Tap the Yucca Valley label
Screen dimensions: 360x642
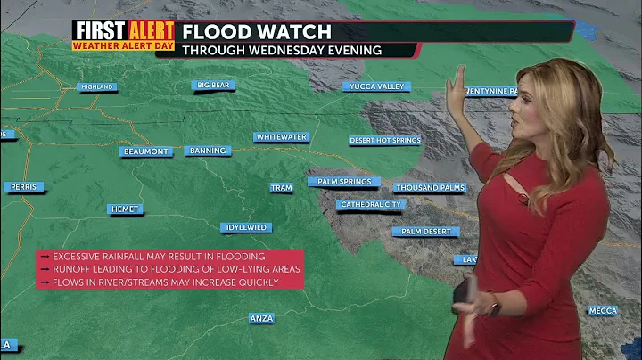click(x=376, y=86)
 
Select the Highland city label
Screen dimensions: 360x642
click(x=96, y=86)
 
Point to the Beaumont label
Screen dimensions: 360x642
click(x=146, y=151)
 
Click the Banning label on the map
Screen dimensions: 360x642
click(x=209, y=151)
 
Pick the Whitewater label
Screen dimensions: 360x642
click(x=281, y=137)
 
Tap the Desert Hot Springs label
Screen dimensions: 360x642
click(x=385, y=140)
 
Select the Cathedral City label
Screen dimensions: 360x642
click(x=371, y=204)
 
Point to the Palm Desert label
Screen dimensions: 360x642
click(x=426, y=232)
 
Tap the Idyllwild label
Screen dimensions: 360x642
click(x=245, y=227)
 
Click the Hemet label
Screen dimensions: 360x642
click(x=125, y=209)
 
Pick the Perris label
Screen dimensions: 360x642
click(x=21, y=187)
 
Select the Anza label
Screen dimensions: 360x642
click(x=261, y=318)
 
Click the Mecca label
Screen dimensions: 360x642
click(x=602, y=311)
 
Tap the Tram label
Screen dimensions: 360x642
click(x=281, y=188)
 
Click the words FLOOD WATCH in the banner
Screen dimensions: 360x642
click(x=257, y=32)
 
